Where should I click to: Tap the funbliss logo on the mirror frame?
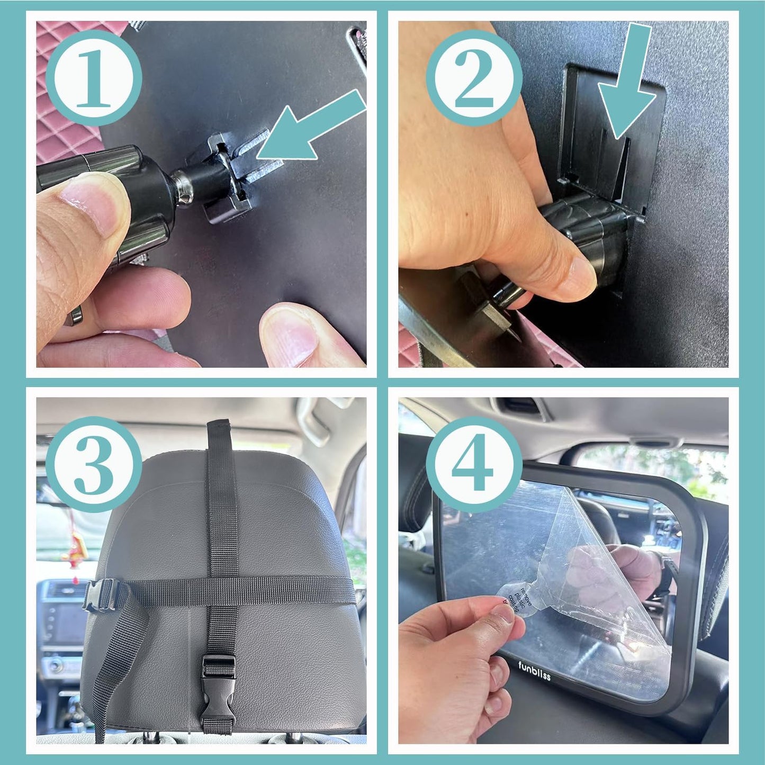(534, 670)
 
